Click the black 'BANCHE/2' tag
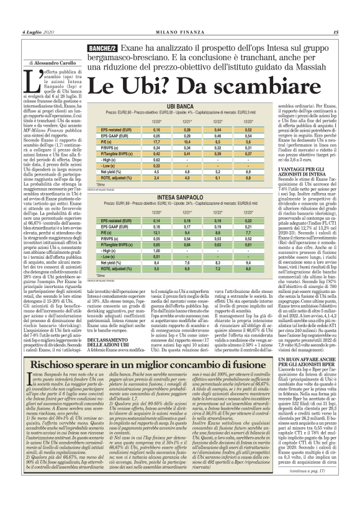coord(103,47)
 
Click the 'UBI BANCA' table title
coord(179,108)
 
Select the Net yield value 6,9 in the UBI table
coord(236,173)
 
